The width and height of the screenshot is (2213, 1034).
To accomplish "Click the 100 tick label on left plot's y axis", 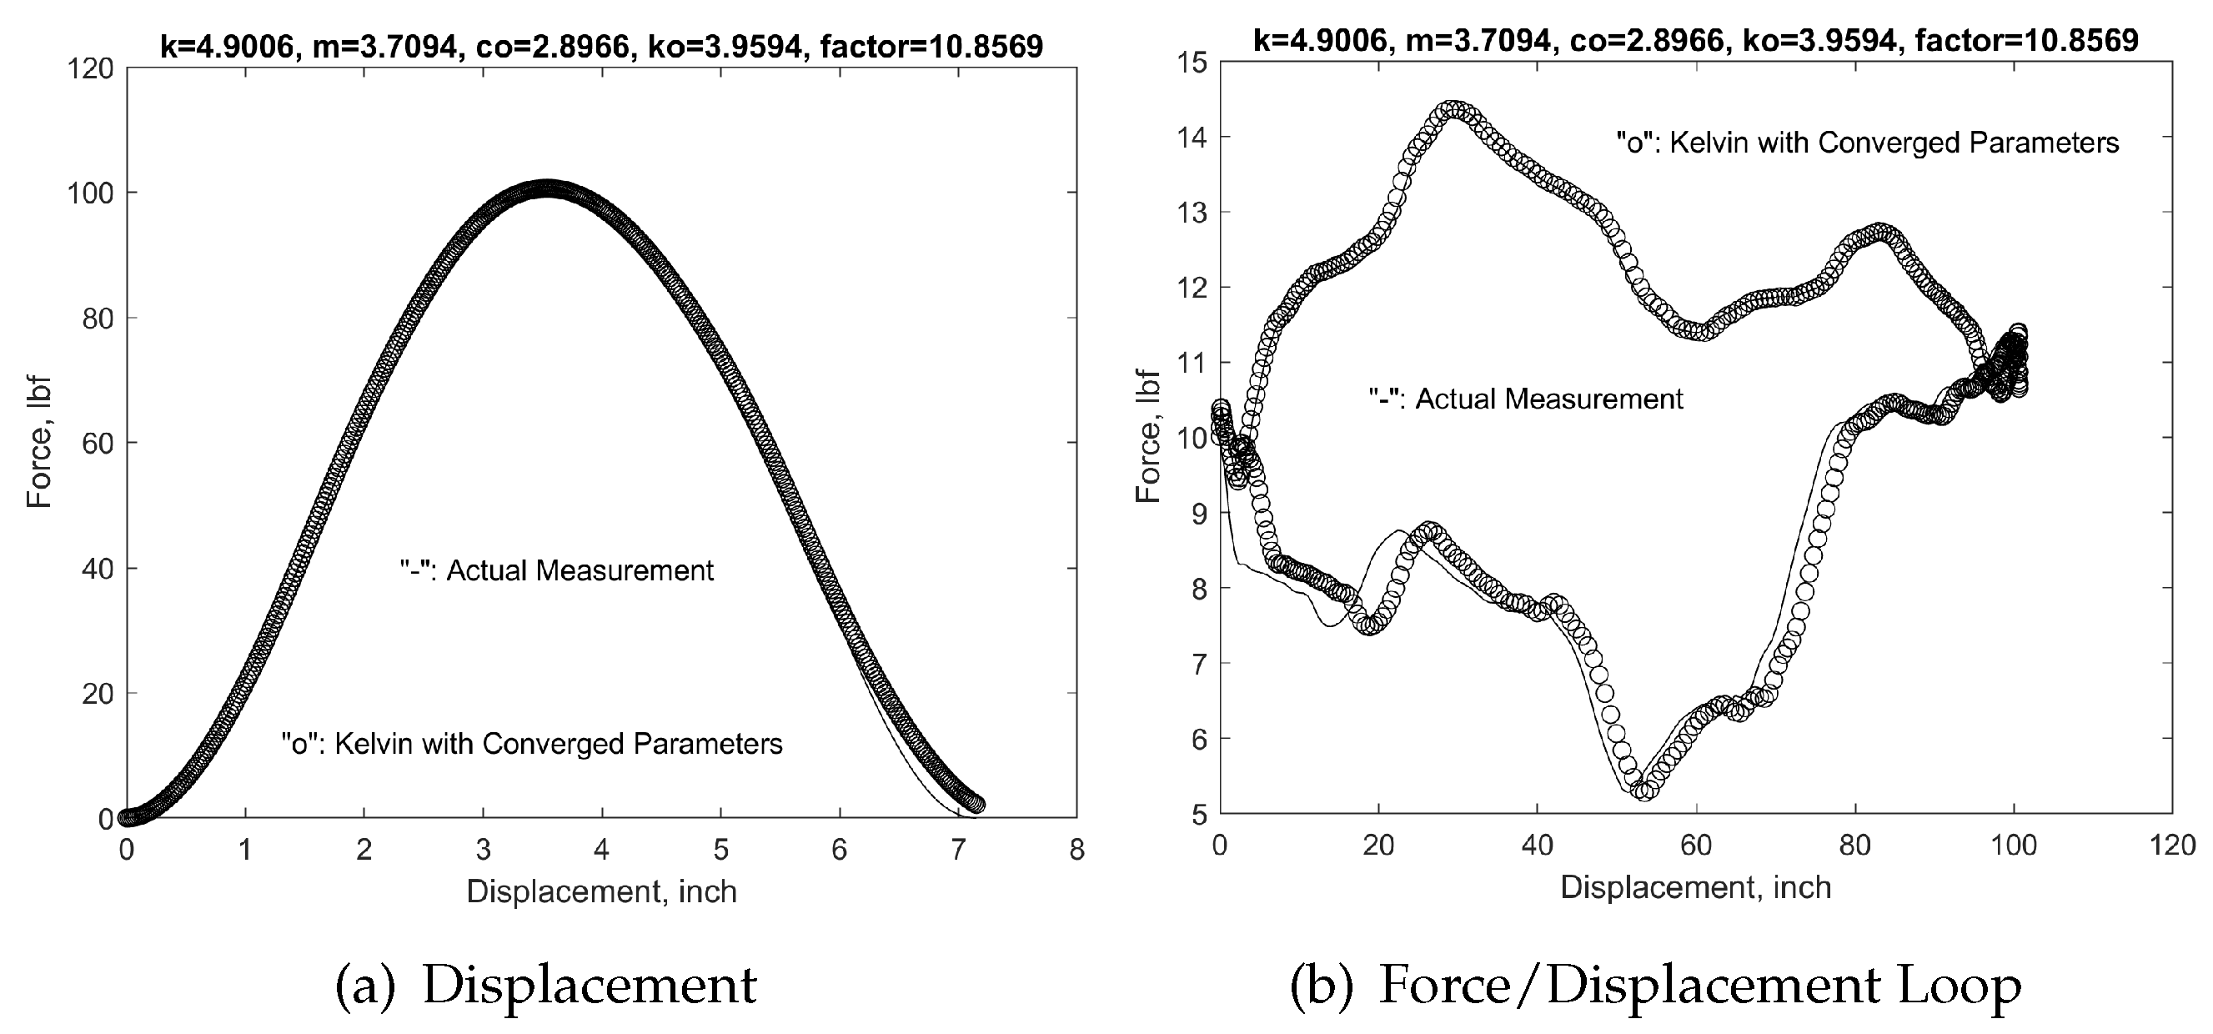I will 90,193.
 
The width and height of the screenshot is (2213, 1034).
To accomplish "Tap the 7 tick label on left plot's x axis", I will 958,851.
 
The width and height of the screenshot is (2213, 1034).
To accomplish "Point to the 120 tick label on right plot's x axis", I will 2172,845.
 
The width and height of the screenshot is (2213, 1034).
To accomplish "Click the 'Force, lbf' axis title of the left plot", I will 39,441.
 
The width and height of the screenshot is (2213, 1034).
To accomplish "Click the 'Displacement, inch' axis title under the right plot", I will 1696,887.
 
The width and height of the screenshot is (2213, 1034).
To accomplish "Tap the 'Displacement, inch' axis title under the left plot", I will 601,891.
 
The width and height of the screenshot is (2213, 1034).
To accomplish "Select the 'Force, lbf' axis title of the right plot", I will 1148,436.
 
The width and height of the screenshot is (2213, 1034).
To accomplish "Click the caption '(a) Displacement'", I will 546,985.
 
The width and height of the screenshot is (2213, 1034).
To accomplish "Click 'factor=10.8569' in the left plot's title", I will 932,46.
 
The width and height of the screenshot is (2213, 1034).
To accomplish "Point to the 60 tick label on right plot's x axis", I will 1696,845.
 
